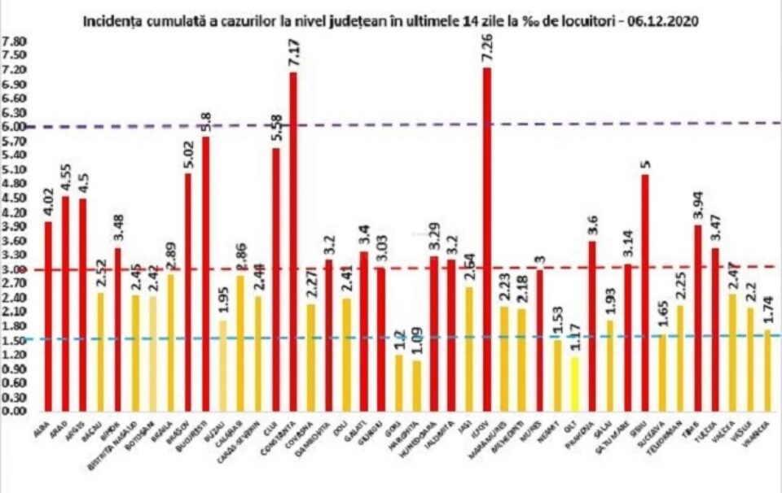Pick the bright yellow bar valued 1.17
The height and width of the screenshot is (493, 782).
576,383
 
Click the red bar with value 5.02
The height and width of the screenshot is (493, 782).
187,292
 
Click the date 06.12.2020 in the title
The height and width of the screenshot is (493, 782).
663,21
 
